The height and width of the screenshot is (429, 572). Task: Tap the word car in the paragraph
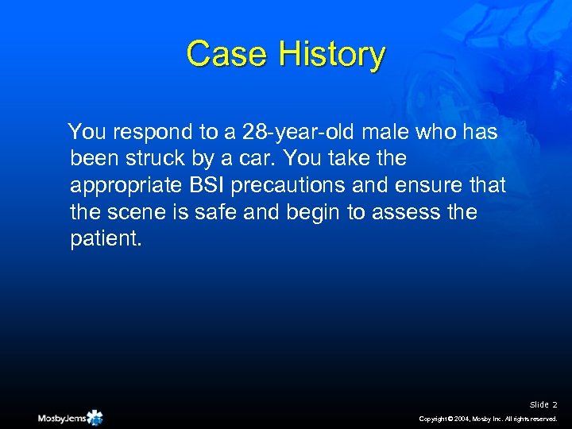click(244, 159)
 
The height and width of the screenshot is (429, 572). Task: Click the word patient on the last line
click(103, 240)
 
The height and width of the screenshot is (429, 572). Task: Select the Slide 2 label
click(544, 405)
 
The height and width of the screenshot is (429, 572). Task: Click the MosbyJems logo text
click(61, 418)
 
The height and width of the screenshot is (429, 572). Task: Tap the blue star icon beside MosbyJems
click(95, 417)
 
